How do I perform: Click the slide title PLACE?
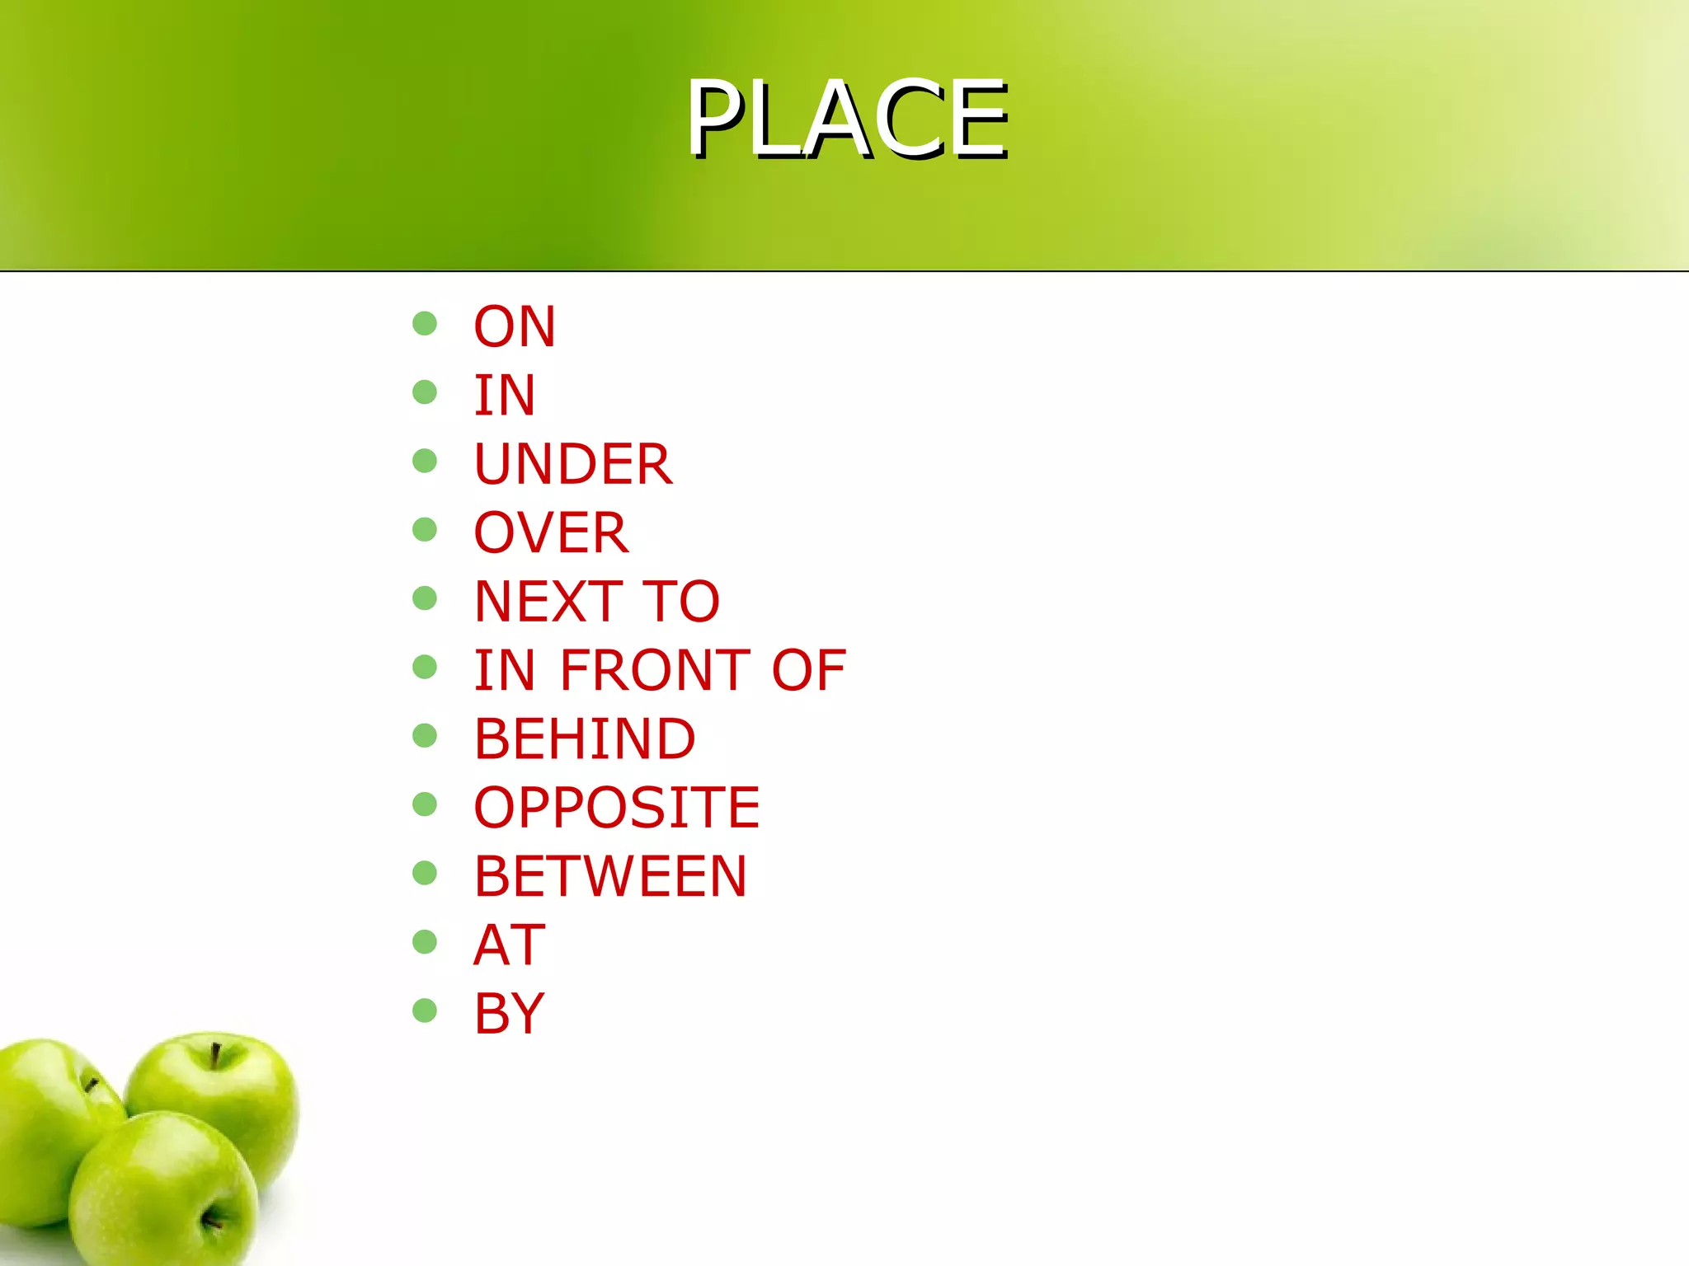848,119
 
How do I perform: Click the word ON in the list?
515,326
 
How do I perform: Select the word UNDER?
573,464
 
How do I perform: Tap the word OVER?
551,532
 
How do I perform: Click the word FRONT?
656,669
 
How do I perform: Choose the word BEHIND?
585,738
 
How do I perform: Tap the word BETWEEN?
610,875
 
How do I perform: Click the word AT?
510,945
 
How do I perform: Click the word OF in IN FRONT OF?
808,669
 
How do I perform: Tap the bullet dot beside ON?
425,323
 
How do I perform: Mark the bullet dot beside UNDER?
425,461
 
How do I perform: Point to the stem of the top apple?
215,1055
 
